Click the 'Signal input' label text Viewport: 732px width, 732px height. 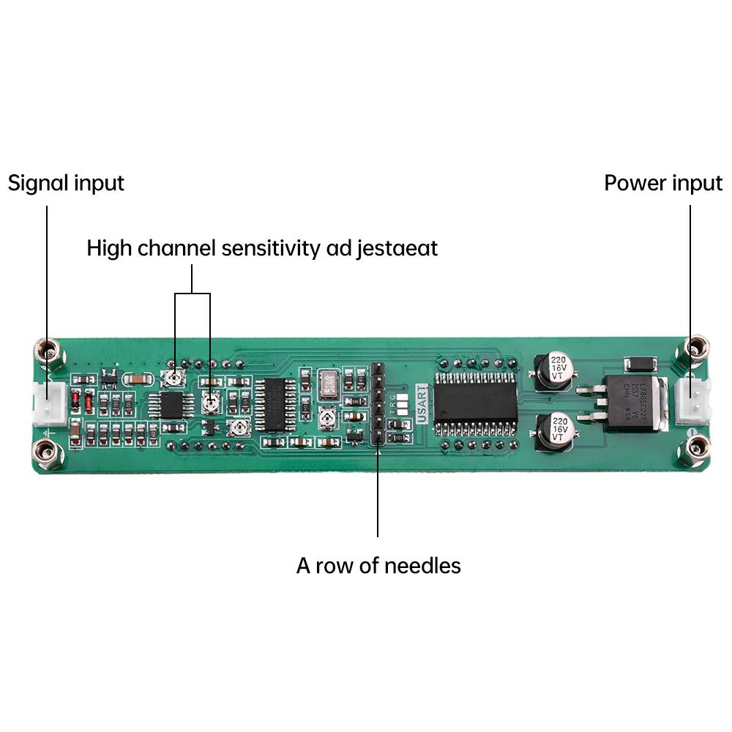66,182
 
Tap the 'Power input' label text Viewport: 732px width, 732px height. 662,182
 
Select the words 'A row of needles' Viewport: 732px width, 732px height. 378,565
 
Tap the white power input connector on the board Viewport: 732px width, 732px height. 692,401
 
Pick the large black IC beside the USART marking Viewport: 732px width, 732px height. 475,402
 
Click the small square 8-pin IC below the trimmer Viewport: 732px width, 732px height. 172,403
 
